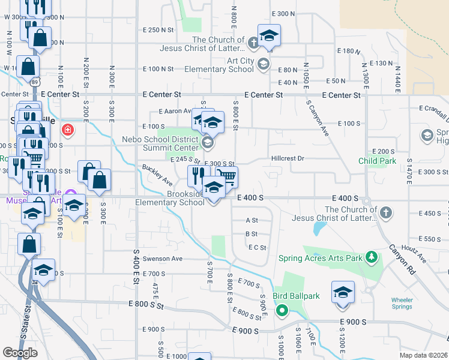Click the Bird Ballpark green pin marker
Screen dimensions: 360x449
281,310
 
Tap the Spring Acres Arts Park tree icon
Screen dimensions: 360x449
372,257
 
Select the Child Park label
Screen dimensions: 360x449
378,161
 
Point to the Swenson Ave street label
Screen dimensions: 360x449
161,259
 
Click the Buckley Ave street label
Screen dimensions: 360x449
157,175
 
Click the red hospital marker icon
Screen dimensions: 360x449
68,129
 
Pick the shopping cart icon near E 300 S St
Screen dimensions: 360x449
227,176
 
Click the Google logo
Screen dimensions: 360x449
20,352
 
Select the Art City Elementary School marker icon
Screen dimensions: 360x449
262,64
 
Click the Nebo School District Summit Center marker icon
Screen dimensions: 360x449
207,142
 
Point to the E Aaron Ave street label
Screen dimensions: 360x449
175,111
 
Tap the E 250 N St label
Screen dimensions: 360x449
158,29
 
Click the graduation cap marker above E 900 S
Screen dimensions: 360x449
343,293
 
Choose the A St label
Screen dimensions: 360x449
252,220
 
